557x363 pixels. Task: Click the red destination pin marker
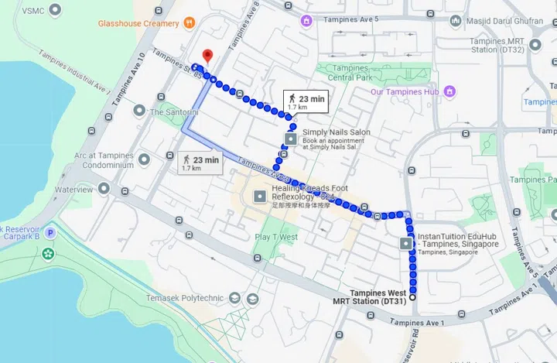coord(207,56)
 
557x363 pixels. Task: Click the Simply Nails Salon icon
coord(291,139)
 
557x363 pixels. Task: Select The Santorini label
coord(174,111)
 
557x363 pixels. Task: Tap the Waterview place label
coord(73,189)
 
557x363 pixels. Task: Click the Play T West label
coord(276,237)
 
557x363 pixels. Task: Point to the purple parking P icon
coord(50,232)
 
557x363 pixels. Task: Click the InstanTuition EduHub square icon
coord(408,243)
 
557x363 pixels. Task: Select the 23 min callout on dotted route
coord(307,101)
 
